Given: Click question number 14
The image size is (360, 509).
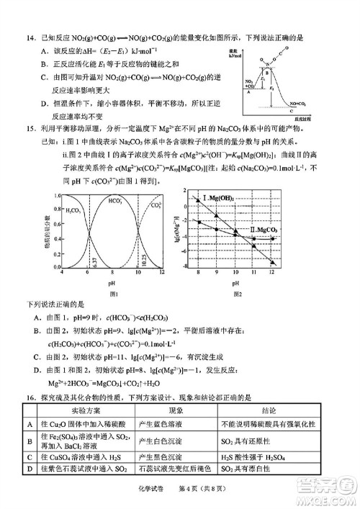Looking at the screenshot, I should click(28, 37).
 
